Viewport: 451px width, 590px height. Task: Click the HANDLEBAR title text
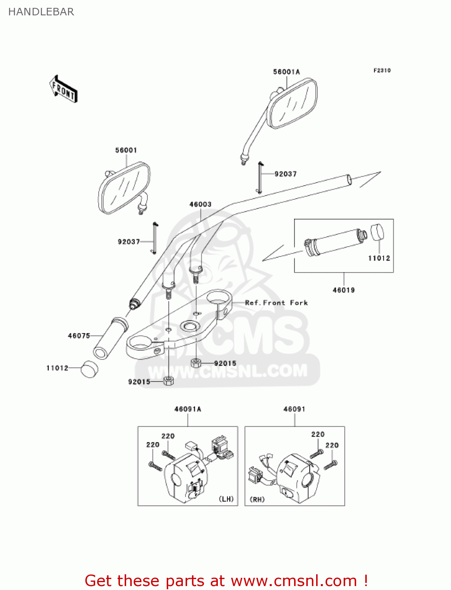(x=41, y=12)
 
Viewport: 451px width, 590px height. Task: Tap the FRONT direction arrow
(x=63, y=89)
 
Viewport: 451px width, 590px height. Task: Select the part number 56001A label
(x=286, y=72)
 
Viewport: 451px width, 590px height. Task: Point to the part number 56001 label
(x=126, y=150)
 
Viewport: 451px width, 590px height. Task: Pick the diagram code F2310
(x=382, y=70)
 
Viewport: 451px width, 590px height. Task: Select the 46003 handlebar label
(x=201, y=204)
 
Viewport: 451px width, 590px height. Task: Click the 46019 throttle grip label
(x=344, y=290)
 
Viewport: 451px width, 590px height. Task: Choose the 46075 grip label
(x=79, y=336)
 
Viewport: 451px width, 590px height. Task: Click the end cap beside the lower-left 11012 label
(x=90, y=369)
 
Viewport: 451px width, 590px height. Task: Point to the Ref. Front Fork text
(x=276, y=302)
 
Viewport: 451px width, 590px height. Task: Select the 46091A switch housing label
(x=188, y=409)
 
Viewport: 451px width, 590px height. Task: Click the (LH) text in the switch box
(x=226, y=499)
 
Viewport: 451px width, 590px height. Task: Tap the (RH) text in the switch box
(x=257, y=499)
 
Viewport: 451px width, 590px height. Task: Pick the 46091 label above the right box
(x=294, y=409)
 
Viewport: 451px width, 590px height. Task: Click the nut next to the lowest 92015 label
(x=168, y=380)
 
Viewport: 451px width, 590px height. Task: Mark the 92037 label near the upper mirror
(x=285, y=174)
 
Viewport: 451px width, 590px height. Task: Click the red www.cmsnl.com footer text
(x=226, y=581)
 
